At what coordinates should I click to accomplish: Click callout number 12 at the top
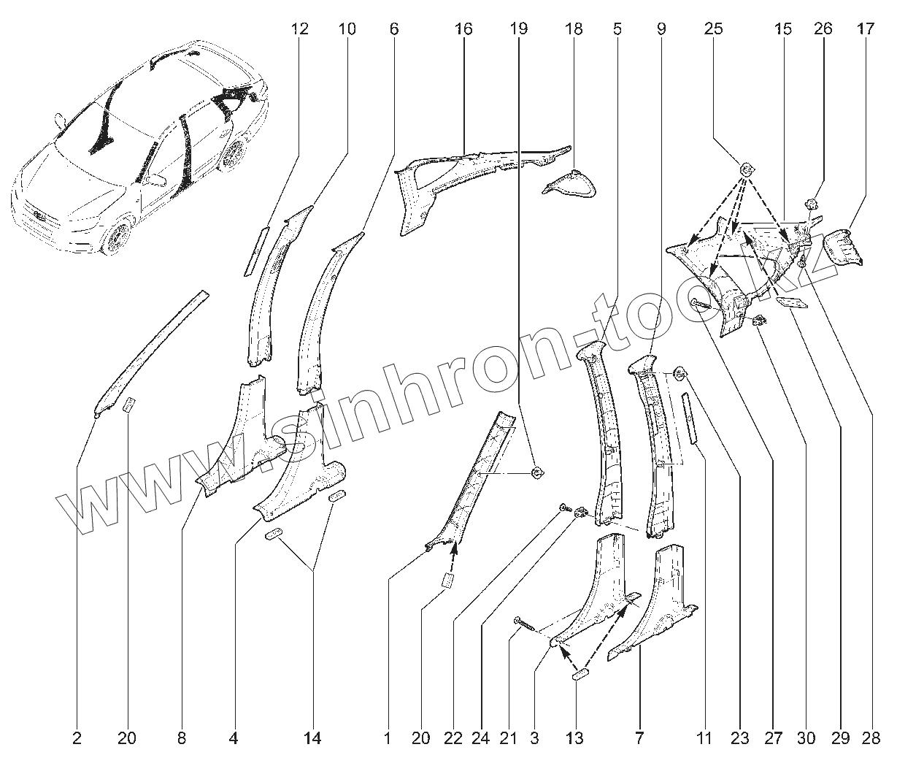click(x=299, y=29)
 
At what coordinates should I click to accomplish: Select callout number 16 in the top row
click(x=463, y=29)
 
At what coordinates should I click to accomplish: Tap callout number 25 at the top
click(x=714, y=29)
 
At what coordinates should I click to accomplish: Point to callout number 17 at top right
click(x=866, y=29)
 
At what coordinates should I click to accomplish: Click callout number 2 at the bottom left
click(x=77, y=739)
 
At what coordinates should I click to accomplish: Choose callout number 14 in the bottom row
click(x=312, y=739)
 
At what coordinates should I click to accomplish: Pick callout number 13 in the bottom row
click(x=575, y=739)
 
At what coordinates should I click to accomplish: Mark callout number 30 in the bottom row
click(x=806, y=739)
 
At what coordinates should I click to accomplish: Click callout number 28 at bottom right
click(x=870, y=739)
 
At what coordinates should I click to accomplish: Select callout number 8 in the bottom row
click(x=181, y=739)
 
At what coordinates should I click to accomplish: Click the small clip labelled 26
click(x=810, y=203)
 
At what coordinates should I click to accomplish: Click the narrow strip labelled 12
click(x=256, y=250)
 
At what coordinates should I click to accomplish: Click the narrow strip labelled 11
click(x=690, y=418)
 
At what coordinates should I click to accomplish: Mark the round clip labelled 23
click(x=678, y=375)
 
